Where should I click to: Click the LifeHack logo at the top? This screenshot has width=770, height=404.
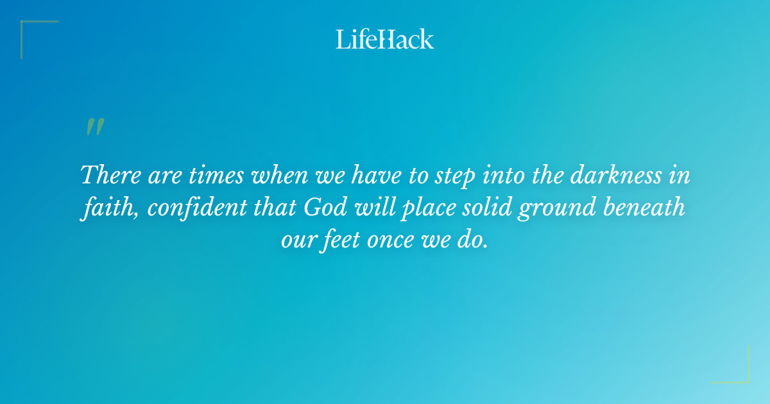tap(385, 39)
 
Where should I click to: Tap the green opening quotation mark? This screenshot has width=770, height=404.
tap(94, 128)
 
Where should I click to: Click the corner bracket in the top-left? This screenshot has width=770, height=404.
tap(29, 29)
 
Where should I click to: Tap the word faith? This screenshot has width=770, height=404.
tap(103, 208)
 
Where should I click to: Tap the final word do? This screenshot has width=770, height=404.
tap(475, 242)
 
